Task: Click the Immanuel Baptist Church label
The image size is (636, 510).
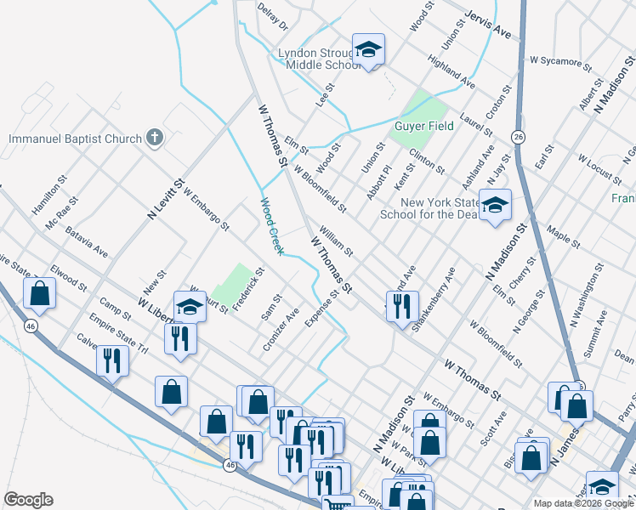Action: [73, 138]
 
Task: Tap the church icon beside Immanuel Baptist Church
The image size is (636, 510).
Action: [154, 137]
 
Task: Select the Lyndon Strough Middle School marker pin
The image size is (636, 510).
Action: [369, 51]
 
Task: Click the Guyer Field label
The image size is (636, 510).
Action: [423, 126]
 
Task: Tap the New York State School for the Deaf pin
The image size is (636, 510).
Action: [495, 207]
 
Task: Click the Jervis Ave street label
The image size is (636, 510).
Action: [488, 26]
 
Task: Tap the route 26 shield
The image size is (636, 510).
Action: [517, 137]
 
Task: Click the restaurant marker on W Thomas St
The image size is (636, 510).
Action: [402, 305]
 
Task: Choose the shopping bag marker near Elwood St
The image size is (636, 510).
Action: [40, 294]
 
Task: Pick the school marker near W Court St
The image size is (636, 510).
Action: [190, 307]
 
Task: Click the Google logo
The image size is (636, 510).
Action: [28, 500]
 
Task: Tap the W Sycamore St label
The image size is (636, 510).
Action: [559, 62]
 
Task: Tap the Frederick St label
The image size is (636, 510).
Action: [249, 288]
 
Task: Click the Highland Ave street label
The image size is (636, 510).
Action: [451, 73]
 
